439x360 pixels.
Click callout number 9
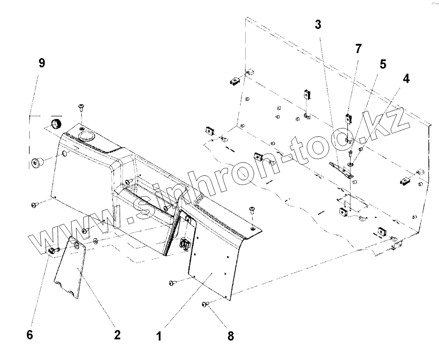tap(42, 63)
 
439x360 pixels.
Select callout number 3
tap(318, 25)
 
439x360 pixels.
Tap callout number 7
tap(358, 49)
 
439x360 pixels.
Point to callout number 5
tap(382, 64)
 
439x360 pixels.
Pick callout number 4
tap(406, 79)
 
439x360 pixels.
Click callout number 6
tap(29, 335)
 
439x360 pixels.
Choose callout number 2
tap(117, 335)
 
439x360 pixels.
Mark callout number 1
tap(159, 336)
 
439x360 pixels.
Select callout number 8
tap(230, 336)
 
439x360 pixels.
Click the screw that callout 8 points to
tap(205, 304)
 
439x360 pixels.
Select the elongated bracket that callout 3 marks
tap(340, 169)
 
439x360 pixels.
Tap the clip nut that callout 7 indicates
tap(349, 118)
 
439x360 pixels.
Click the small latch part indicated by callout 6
tap(51, 250)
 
